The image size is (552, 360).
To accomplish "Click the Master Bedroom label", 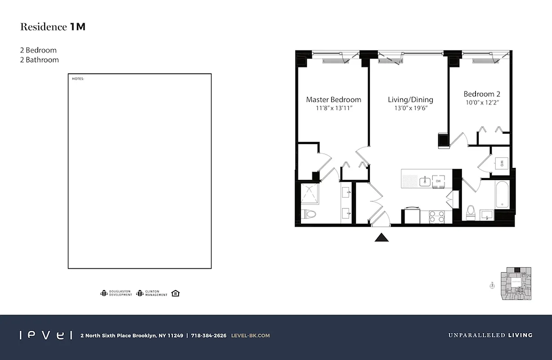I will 333,99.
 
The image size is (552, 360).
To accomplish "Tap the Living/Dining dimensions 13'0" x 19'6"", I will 410,108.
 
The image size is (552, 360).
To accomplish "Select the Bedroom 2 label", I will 482,94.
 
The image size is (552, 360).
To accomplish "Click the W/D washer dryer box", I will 501,162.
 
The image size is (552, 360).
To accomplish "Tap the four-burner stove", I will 436,217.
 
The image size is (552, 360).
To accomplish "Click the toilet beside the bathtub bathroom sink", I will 471,212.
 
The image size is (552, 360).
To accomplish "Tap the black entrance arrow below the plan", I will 381,237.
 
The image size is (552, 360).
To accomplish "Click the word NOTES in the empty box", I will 78,79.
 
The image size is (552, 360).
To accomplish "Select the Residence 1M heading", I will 53,27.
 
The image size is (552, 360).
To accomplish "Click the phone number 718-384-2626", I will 209,335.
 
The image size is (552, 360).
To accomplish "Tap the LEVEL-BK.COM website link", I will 250,335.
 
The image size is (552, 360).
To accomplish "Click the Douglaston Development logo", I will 116,293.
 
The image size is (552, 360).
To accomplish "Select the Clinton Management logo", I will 152,293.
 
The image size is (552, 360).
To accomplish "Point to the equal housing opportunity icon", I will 175,293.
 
